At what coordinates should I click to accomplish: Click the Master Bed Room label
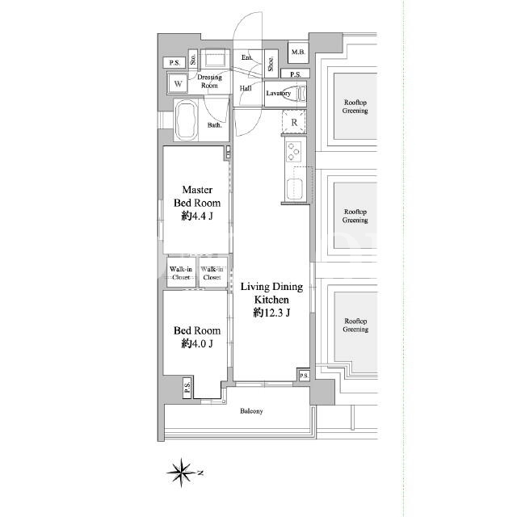(x=197, y=196)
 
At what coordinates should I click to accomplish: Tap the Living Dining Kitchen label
(x=271, y=292)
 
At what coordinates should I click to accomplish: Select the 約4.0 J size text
(x=197, y=343)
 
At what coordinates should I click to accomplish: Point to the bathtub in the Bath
(x=186, y=120)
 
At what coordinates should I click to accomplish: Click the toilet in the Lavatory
(x=300, y=94)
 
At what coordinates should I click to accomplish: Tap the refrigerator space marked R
(x=294, y=122)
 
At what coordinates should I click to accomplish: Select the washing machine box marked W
(x=178, y=83)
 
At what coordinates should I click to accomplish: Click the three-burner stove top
(x=293, y=151)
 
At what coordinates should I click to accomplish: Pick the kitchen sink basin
(x=294, y=189)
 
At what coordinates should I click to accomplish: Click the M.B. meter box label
(x=298, y=52)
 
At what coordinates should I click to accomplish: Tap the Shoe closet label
(x=271, y=64)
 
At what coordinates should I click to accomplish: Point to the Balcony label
(x=251, y=411)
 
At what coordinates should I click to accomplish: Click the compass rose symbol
(x=181, y=473)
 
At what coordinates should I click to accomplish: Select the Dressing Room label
(x=209, y=81)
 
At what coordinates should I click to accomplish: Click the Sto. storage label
(x=193, y=59)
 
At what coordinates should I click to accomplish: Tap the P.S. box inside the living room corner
(x=304, y=375)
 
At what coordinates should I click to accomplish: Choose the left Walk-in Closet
(x=181, y=273)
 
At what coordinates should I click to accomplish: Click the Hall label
(x=246, y=88)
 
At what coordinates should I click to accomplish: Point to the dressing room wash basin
(x=215, y=59)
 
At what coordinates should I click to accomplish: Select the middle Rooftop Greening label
(x=355, y=216)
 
